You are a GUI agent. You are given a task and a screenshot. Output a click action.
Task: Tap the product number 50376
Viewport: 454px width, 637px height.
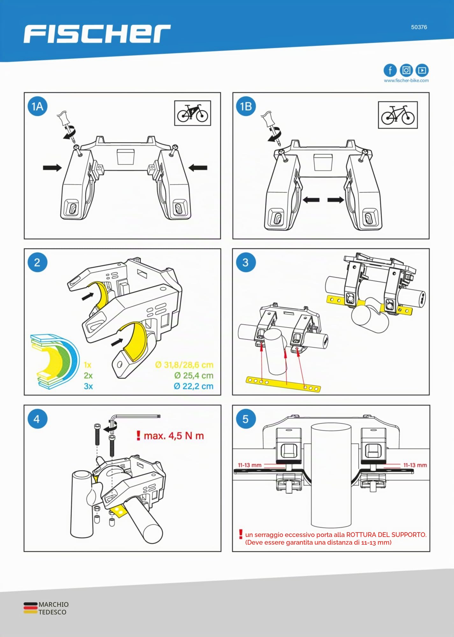[419, 27]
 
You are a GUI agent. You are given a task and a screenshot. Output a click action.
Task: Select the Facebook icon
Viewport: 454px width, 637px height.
[390, 70]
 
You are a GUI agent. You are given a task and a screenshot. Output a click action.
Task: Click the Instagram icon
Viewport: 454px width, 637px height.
[406, 70]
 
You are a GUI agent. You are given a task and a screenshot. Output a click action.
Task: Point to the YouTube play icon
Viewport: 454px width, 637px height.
[422, 70]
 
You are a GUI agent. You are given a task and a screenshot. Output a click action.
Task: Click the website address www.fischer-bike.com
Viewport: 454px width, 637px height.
[406, 81]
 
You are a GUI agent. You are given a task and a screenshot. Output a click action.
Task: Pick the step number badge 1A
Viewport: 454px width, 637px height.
[37, 106]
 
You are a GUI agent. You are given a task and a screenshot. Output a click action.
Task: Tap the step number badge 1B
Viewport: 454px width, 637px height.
[246, 106]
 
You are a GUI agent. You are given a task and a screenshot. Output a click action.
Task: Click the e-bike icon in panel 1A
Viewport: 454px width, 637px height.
[192, 113]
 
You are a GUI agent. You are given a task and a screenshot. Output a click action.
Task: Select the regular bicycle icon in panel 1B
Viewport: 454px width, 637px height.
[398, 115]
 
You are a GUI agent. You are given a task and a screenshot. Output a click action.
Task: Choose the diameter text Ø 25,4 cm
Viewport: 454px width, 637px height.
[194, 376]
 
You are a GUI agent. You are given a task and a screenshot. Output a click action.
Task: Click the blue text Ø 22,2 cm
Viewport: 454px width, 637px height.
[194, 386]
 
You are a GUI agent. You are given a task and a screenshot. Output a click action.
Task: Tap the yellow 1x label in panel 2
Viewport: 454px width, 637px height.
[88, 365]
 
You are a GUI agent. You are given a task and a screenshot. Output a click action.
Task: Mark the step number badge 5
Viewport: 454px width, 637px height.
[245, 419]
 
